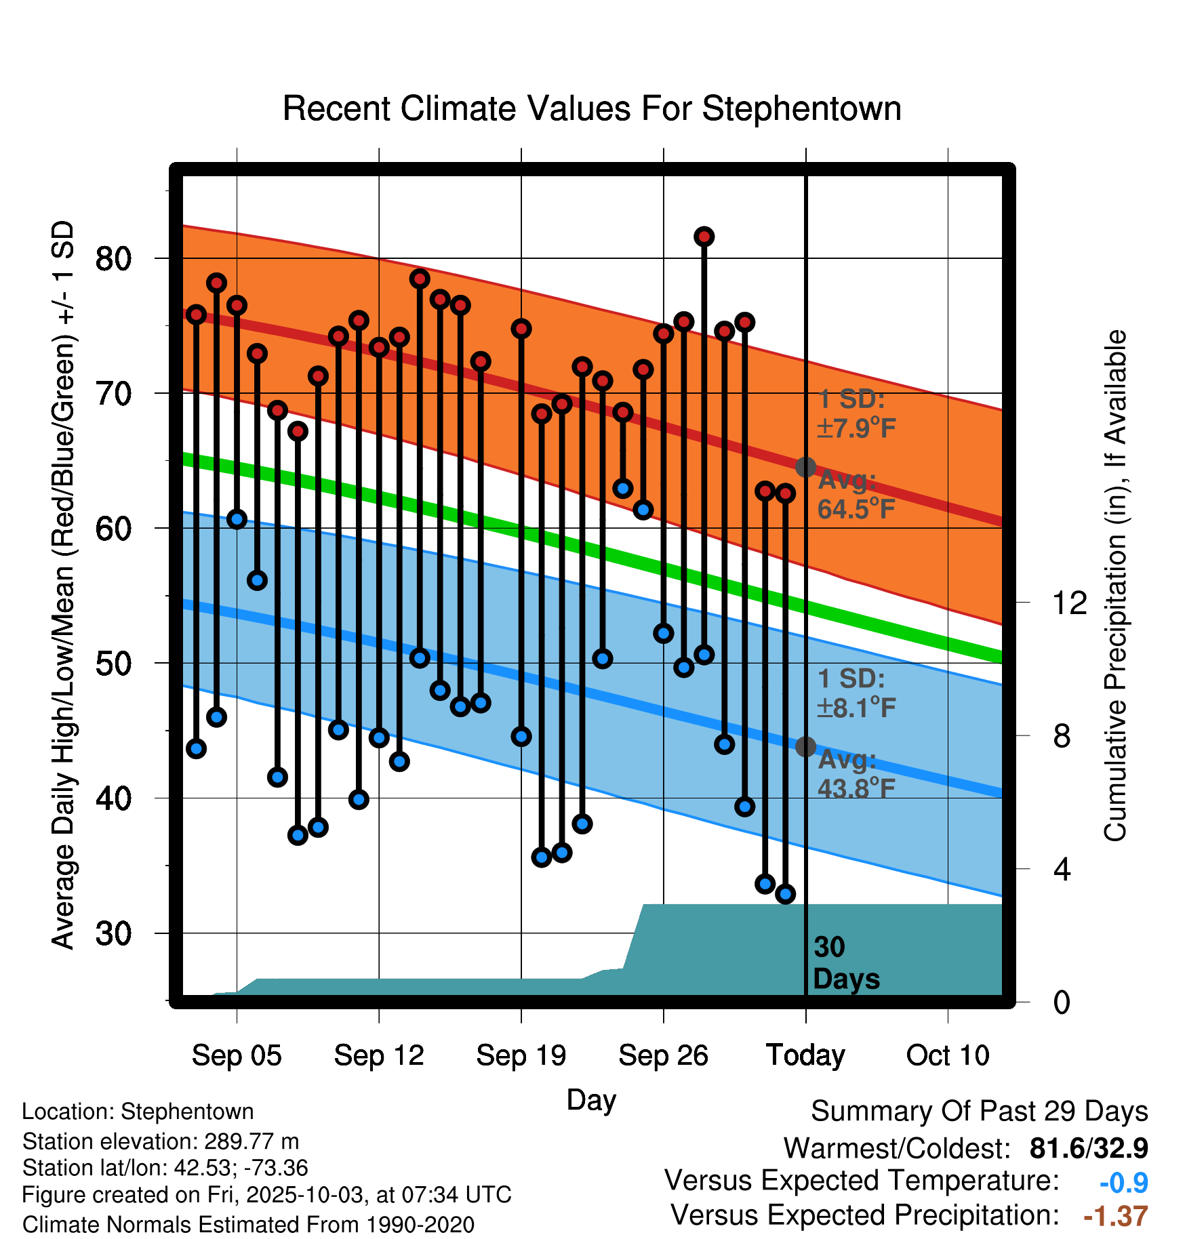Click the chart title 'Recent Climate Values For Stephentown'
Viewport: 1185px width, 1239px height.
(592, 108)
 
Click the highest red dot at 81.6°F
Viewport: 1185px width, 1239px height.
(704, 237)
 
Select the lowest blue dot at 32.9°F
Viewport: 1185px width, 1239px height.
(785, 894)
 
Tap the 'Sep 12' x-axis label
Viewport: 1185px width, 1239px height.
(379, 1055)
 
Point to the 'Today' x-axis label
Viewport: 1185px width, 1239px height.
(805, 1055)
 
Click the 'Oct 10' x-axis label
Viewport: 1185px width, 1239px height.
(948, 1055)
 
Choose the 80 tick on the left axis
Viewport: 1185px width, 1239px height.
(113, 258)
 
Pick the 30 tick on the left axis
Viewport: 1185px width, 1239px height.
(113, 933)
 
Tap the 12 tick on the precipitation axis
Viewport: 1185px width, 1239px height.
(1070, 603)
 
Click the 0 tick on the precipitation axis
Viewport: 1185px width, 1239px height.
(1062, 1002)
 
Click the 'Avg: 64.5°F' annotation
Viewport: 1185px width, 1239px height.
(856, 495)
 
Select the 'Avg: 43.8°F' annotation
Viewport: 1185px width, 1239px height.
(856, 774)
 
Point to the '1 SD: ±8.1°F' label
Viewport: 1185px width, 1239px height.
(856, 693)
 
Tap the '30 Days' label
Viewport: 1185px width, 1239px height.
(845, 963)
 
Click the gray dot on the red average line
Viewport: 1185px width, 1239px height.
(805, 467)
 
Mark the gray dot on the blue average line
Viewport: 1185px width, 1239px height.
(805, 747)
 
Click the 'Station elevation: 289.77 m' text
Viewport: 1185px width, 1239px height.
(161, 1141)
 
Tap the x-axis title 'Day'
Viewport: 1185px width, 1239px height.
(591, 1099)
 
